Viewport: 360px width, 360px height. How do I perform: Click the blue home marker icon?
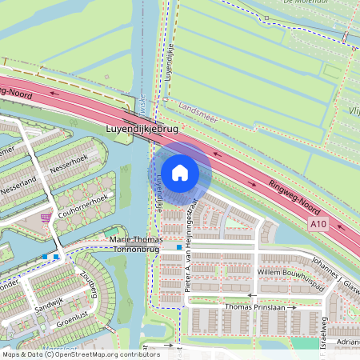[180, 172]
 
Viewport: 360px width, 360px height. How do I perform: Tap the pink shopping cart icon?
[47, 218]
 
